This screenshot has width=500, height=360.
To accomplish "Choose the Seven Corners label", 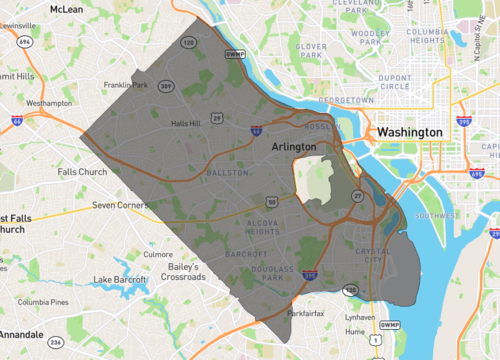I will click(x=119, y=205).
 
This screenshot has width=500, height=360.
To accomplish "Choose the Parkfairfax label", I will click(x=306, y=313).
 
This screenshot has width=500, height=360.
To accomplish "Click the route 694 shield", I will click(x=23, y=42).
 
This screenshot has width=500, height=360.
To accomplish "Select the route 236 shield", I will click(x=56, y=342).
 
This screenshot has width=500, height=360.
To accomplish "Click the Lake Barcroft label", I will click(x=118, y=278).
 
